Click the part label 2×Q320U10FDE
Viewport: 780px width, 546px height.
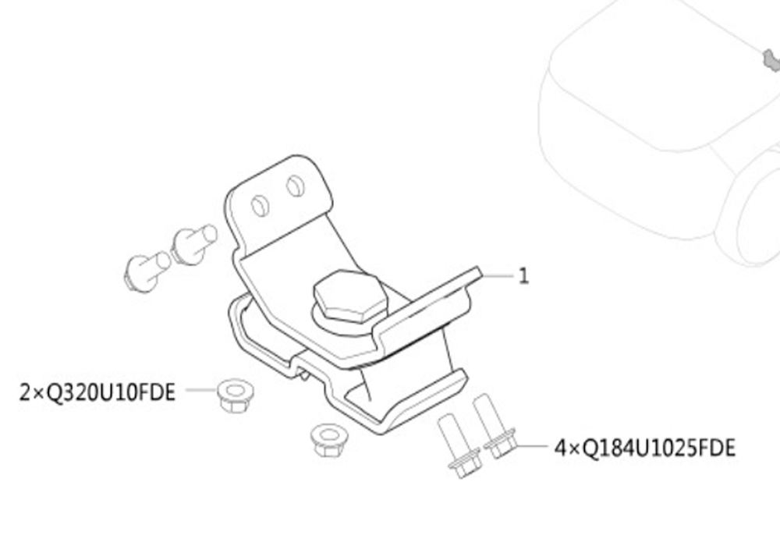tap(97, 392)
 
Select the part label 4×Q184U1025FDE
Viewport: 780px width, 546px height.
tap(645, 448)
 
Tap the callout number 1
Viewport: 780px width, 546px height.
tap(523, 275)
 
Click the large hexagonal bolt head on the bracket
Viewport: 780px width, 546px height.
tap(350, 295)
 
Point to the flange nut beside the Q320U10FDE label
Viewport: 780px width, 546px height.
tap(236, 395)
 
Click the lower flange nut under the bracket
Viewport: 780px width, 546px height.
tap(328, 440)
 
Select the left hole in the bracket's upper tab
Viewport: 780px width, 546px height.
tap(261, 206)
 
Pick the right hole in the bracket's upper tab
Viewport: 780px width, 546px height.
tap(296, 186)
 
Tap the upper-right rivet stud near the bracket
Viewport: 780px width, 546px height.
tap(194, 243)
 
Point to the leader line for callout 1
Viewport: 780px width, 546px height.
tap(498, 275)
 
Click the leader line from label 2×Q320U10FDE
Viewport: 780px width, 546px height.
tap(201, 390)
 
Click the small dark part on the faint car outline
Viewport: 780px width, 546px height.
tap(771, 61)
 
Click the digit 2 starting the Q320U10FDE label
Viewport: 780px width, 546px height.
tap(25, 392)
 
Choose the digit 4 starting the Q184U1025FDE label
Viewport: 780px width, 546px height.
tap(560, 448)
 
